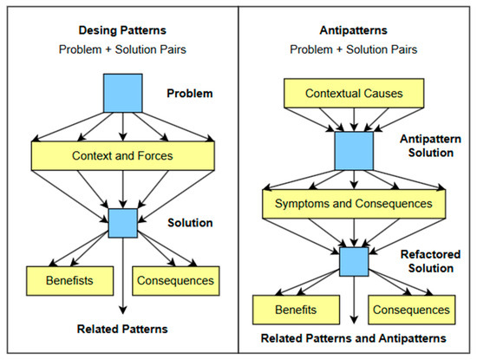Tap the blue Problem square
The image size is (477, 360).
122,93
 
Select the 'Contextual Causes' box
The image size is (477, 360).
355,90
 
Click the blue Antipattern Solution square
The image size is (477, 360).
354,151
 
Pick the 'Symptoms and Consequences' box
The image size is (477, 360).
355,203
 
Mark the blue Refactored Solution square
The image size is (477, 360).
354,261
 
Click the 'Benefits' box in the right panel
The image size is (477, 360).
295,309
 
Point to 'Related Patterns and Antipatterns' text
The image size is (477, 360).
354,337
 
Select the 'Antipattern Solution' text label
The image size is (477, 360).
426,145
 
